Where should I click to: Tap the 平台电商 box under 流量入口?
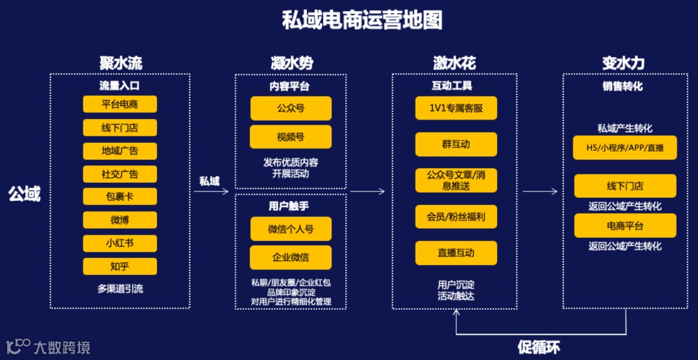(x=120, y=104)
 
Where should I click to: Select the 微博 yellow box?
(x=120, y=220)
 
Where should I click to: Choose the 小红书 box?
(x=120, y=243)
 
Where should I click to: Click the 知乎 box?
(x=120, y=266)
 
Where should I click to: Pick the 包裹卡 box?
(x=120, y=196)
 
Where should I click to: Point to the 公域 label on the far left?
(x=24, y=193)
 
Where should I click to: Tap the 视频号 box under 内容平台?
(x=291, y=137)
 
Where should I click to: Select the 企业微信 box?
(x=291, y=257)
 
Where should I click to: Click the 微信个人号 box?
(x=291, y=229)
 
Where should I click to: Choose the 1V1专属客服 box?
(x=456, y=108)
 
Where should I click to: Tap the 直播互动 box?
(x=456, y=253)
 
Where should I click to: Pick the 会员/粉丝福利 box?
(x=456, y=217)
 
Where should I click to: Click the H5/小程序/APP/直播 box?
(x=625, y=147)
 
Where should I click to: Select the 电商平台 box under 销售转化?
(x=625, y=226)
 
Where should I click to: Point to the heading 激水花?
(x=454, y=63)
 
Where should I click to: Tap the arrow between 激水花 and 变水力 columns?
(x=540, y=191)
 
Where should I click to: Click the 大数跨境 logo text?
(x=62, y=347)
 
